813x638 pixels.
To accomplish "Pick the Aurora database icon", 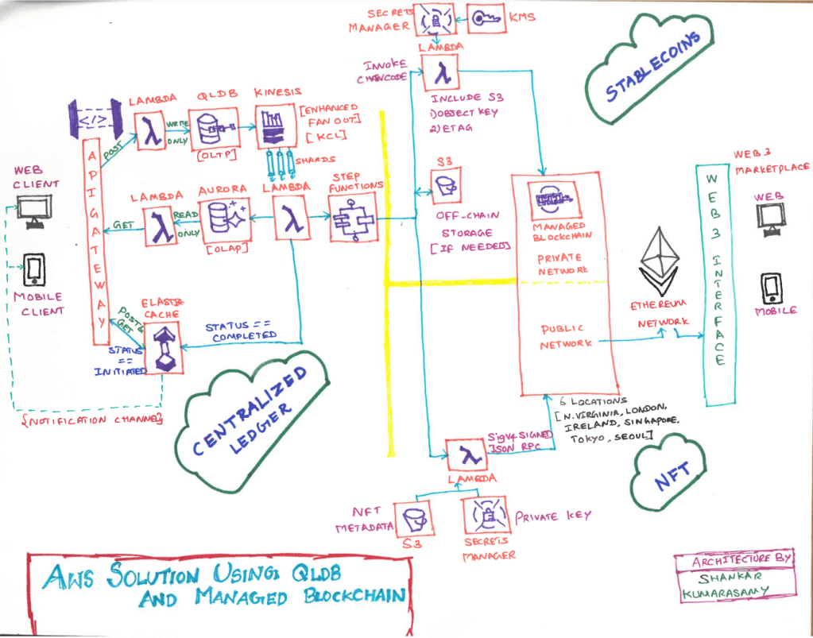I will (x=220, y=217).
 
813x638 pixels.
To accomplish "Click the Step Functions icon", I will (x=350, y=219).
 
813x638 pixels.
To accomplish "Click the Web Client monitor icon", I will (x=35, y=212).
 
